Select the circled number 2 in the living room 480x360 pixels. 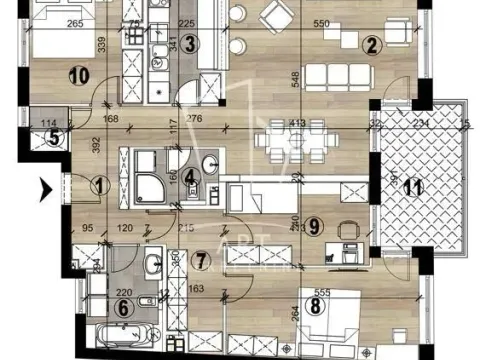[371, 44]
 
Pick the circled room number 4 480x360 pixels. [190, 181]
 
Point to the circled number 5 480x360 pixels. [27, 139]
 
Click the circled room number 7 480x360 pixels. [202, 263]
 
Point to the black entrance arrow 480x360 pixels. [44, 185]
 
